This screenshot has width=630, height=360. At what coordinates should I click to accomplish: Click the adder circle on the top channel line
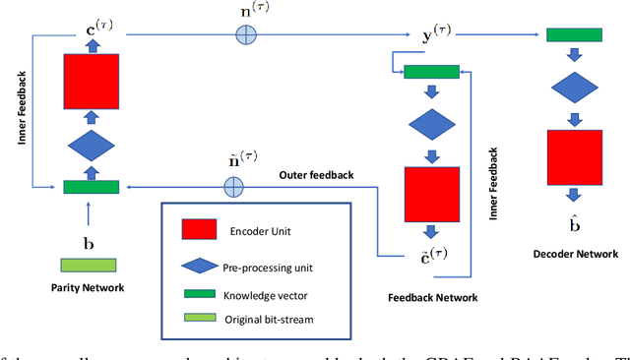point(244,34)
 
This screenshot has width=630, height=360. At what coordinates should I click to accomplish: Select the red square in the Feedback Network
point(431,196)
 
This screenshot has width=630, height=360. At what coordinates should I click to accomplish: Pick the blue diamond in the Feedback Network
point(431,126)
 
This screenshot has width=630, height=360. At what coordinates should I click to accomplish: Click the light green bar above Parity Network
point(90,266)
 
